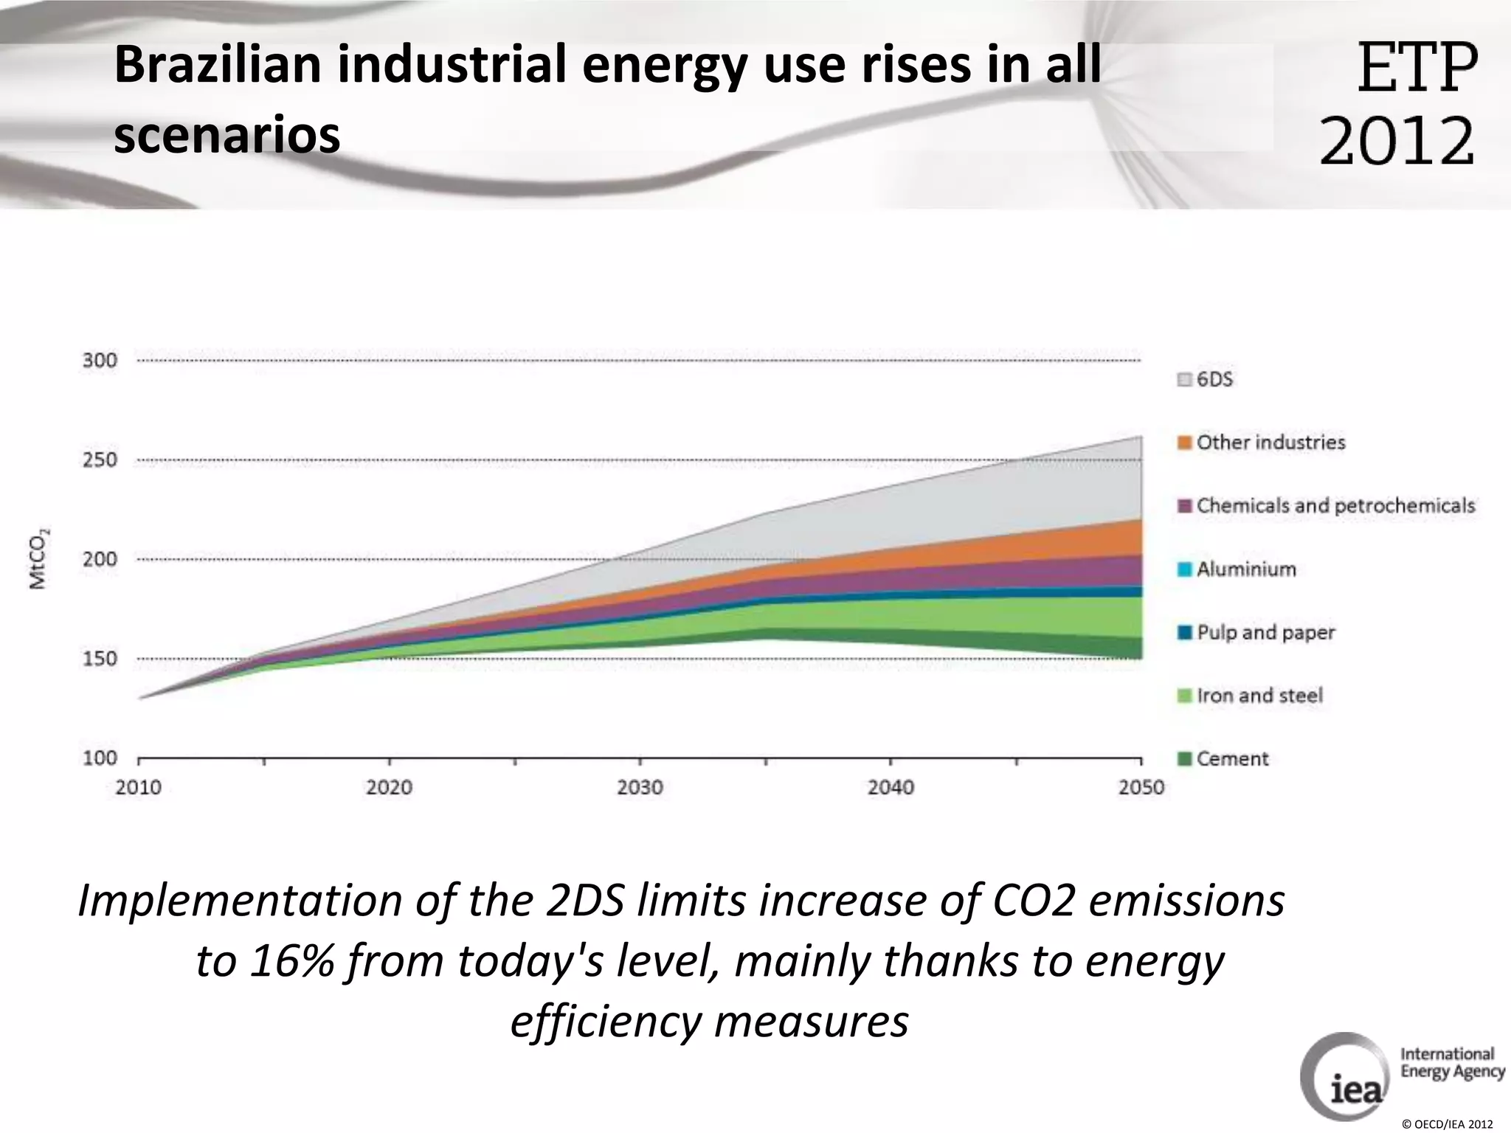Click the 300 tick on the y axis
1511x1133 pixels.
pos(100,361)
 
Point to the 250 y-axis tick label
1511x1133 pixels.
pos(100,460)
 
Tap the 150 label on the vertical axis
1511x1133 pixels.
pos(100,659)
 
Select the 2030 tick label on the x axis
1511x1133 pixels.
pos(640,788)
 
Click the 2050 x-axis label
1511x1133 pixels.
pos(1141,788)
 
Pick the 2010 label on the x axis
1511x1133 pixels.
pos(139,788)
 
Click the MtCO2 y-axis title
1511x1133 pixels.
pos(38,558)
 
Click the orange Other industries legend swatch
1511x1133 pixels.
pos(1185,443)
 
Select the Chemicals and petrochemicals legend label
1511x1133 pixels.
pos(1335,506)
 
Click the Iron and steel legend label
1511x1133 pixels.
pos(1259,696)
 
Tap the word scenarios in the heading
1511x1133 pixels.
pos(227,136)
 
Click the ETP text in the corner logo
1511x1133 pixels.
pos(1417,68)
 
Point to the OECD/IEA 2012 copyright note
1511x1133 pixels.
pos(1447,1124)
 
